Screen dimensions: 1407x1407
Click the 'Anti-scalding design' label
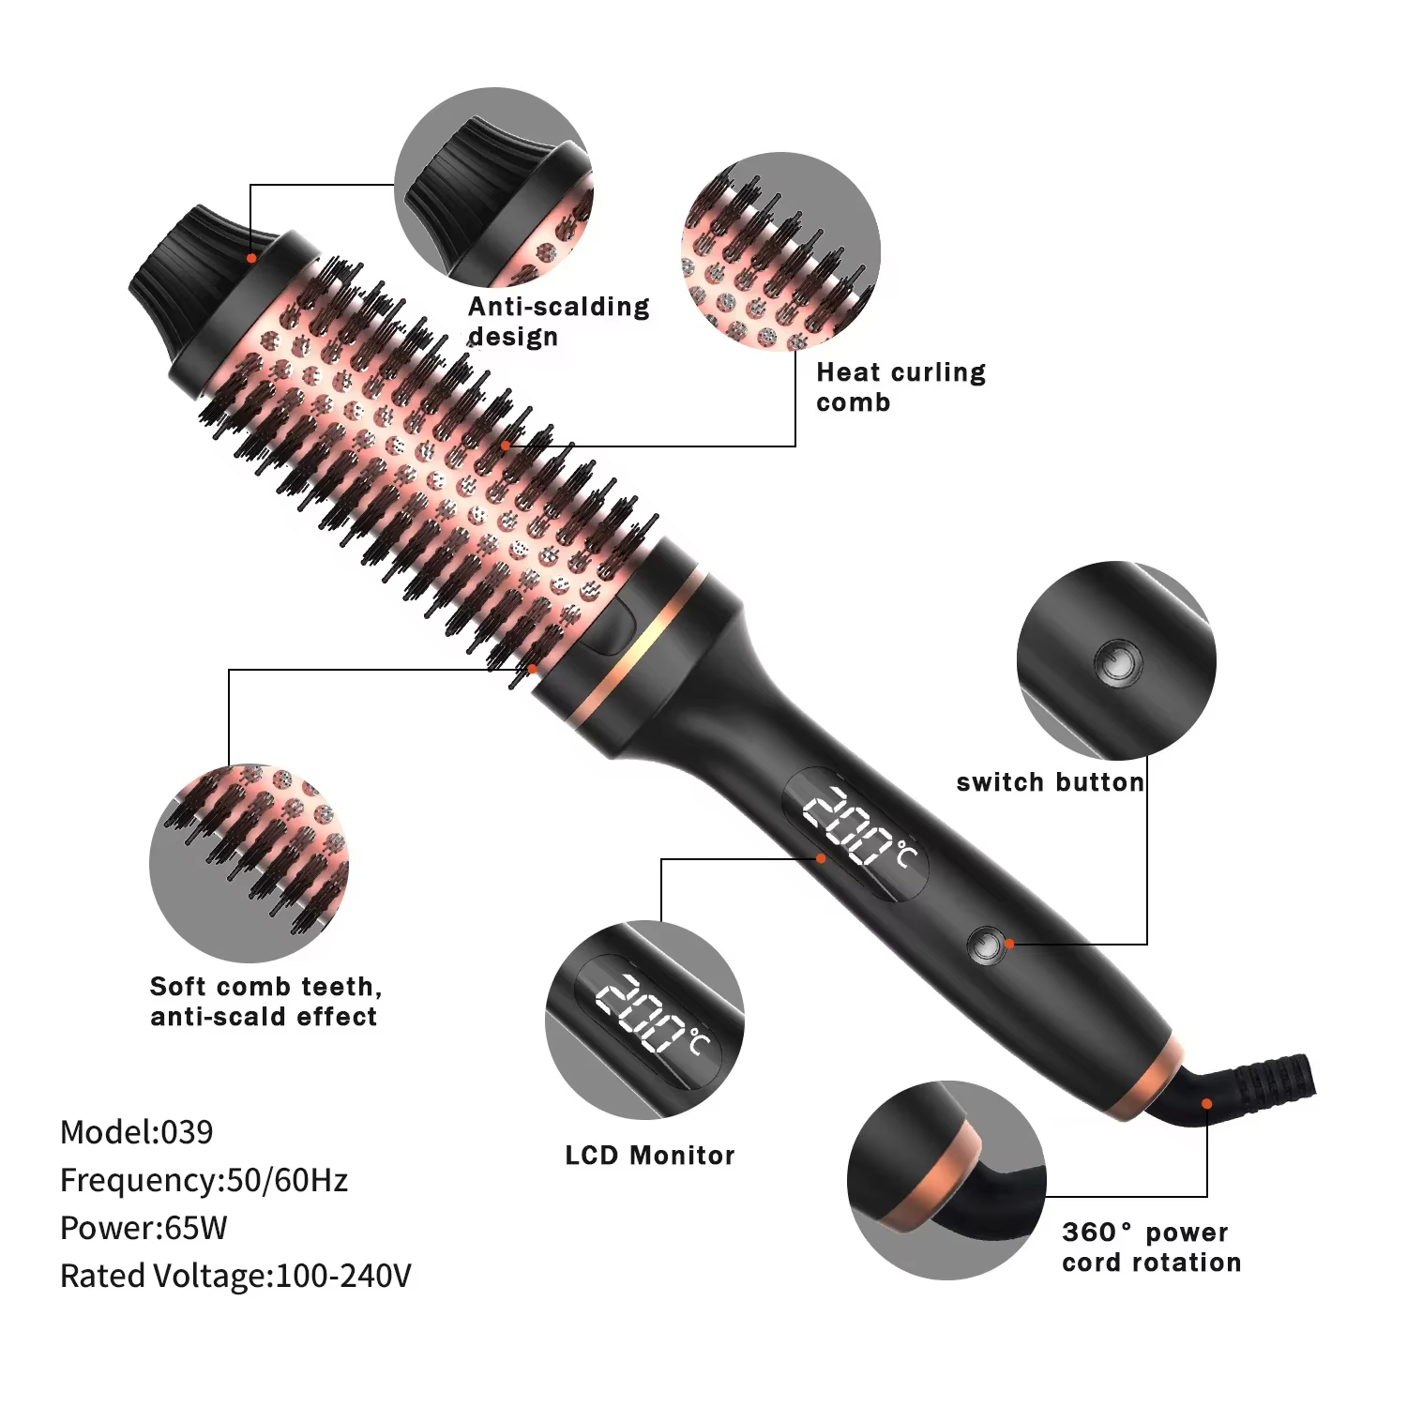558,321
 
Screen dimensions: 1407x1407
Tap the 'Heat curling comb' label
900,386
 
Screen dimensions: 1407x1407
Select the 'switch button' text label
1051,782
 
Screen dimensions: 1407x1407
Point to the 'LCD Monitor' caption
650,1155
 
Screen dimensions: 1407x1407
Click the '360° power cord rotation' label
1151,1247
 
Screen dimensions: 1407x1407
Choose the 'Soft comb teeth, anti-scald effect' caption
265,1001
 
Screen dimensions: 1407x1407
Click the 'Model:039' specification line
137,1131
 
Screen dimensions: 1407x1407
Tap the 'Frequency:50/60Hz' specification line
204,1179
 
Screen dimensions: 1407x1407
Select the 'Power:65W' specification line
144,1227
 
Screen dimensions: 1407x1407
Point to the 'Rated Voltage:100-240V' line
235,1276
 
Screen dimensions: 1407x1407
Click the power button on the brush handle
984,945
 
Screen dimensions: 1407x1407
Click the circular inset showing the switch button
1116,660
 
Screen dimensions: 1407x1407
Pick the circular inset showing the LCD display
644,1020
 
